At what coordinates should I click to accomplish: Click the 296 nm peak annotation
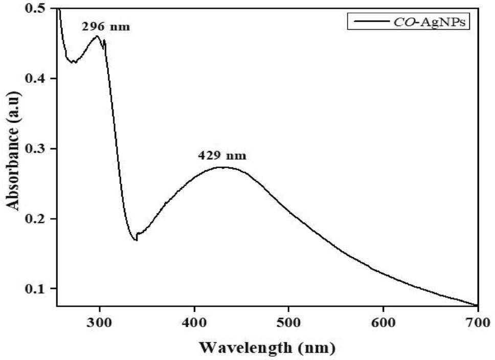[106, 27]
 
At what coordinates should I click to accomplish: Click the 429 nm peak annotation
[222, 155]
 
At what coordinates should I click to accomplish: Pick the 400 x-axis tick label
[194, 322]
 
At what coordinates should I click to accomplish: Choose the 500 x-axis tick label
[289, 322]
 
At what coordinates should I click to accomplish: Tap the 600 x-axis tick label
[384, 322]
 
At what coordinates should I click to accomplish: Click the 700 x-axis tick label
[478, 322]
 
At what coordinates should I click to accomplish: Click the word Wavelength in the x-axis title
[244, 348]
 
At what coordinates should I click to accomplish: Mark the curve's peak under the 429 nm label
[221, 167]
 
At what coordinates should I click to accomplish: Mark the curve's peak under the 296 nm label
[97, 36]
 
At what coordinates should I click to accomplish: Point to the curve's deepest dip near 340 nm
[136, 240]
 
